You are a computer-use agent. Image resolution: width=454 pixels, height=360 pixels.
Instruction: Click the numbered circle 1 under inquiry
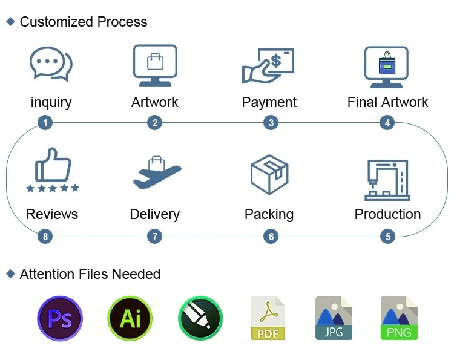pos(45,123)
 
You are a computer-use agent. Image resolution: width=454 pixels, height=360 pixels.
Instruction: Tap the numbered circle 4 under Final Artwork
pos(387,123)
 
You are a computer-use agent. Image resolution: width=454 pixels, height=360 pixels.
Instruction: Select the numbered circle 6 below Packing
pos(271,236)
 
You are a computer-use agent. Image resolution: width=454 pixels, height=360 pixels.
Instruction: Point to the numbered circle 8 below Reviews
pos(45,236)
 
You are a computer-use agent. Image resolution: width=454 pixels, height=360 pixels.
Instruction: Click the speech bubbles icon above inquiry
pos(51,64)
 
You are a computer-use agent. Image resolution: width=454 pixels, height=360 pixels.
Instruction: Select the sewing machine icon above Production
pos(387,179)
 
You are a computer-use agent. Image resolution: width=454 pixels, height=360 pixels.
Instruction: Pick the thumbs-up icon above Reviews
pos(53,171)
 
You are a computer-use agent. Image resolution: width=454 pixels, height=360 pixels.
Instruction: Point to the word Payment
pos(269,102)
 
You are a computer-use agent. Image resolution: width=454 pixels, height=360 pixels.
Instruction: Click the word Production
pos(387,214)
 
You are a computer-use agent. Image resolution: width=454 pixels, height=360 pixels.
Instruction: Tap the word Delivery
pos(154,214)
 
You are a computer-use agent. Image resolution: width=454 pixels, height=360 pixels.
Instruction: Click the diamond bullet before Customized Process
pos(10,22)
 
